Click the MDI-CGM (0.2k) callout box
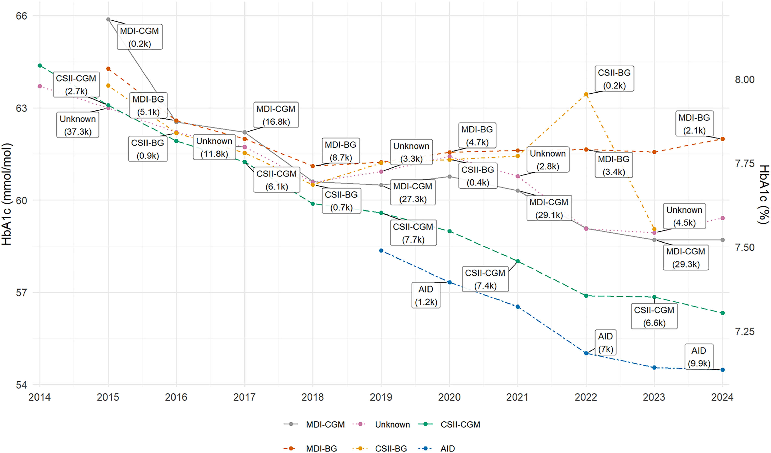point(140,37)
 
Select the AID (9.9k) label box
point(699,357)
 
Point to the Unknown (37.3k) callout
point(78,125)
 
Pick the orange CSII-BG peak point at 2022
point(586,94)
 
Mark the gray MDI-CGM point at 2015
point(108,19)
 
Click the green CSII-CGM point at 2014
point(40,65)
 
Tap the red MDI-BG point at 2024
point(723,139)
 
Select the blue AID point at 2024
point(723,370)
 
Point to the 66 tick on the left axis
point(22,16)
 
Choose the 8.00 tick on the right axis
point(745,80)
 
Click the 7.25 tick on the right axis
point(745,331)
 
